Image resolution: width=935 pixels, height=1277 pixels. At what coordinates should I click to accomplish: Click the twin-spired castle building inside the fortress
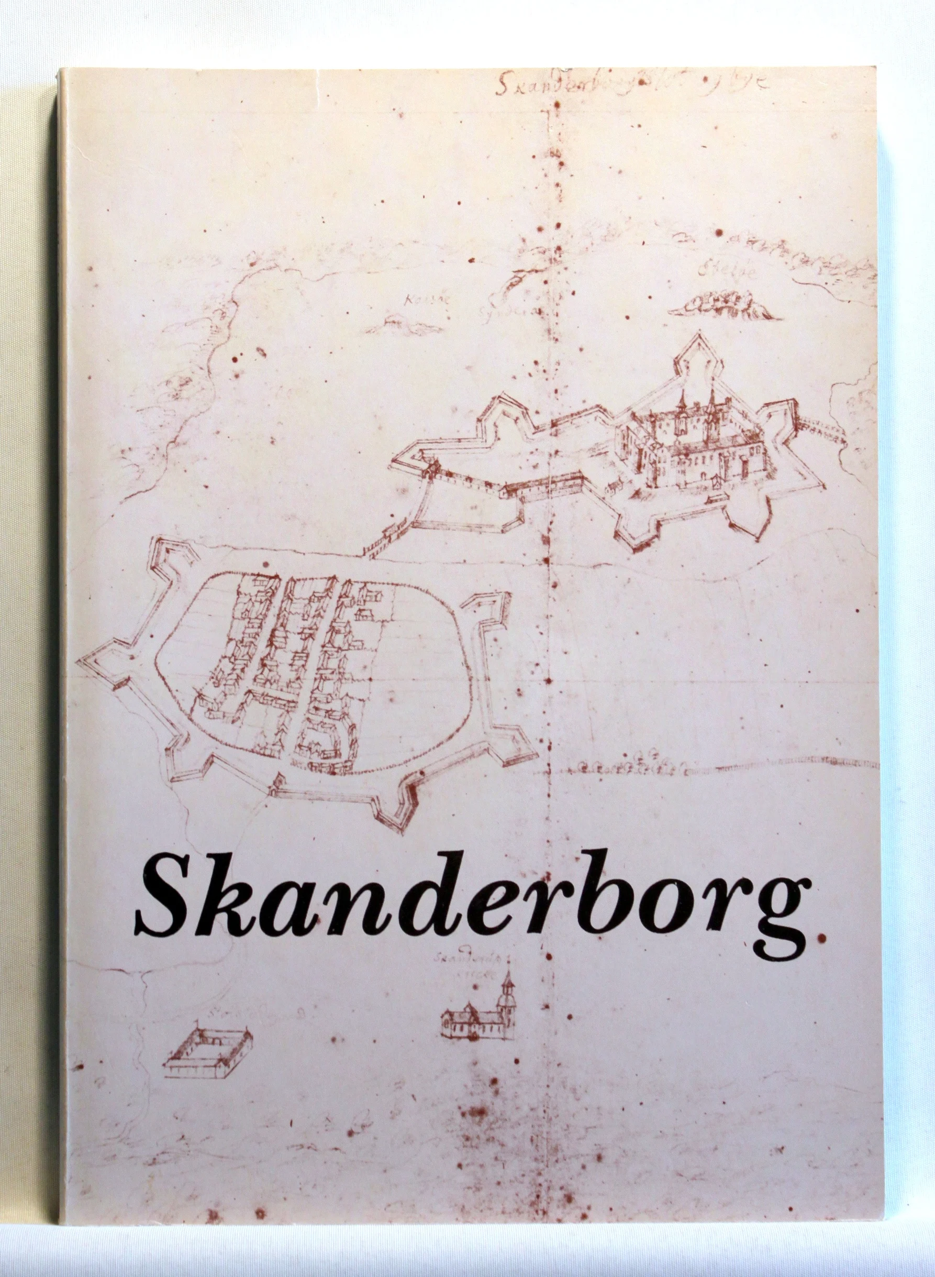tap(691, 436)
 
